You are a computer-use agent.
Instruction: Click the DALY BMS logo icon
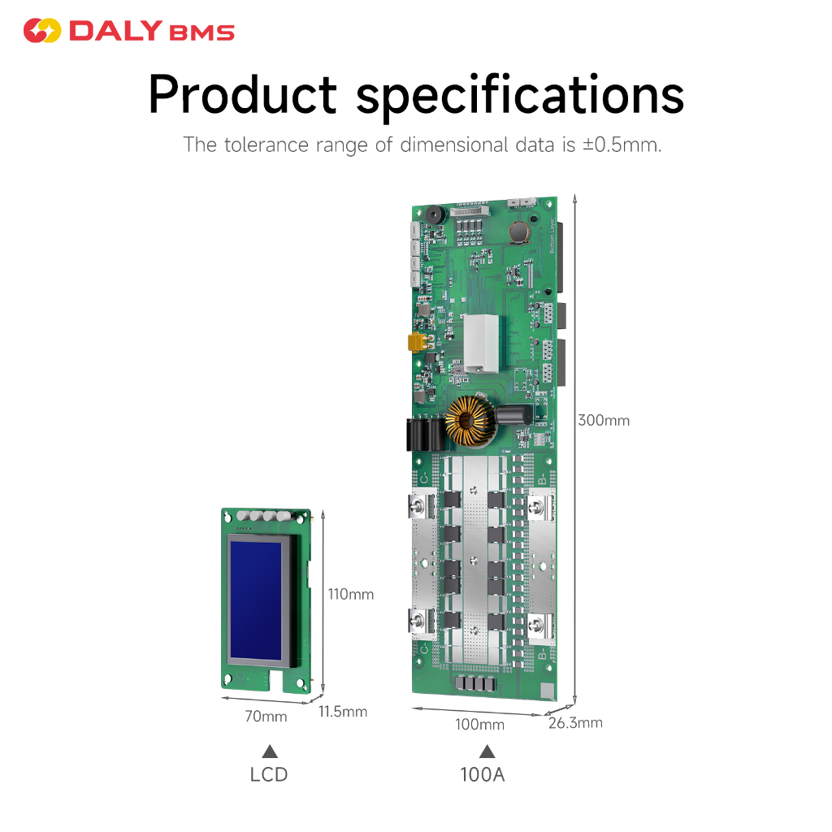[x=42, y=32]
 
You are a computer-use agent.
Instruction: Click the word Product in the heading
[x=242, y=95]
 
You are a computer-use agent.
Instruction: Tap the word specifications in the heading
[x=520, y=95]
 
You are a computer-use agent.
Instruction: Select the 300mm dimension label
[x=603, y=420]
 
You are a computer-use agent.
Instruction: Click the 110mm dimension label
[x=350, y=594]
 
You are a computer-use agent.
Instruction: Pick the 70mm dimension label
[x=266, y=716]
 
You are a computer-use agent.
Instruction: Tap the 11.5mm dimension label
[x=342, y=712]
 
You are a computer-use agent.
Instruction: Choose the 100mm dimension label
[x=479, y=724]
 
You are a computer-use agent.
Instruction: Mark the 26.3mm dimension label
[x=575, y=722]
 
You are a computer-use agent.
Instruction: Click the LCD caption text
[x=269, y=774]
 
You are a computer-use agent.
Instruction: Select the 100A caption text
[x=483, y=774]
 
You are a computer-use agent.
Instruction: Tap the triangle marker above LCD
[x=269, y=751]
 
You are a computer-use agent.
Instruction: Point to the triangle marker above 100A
[x=487, y=751]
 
